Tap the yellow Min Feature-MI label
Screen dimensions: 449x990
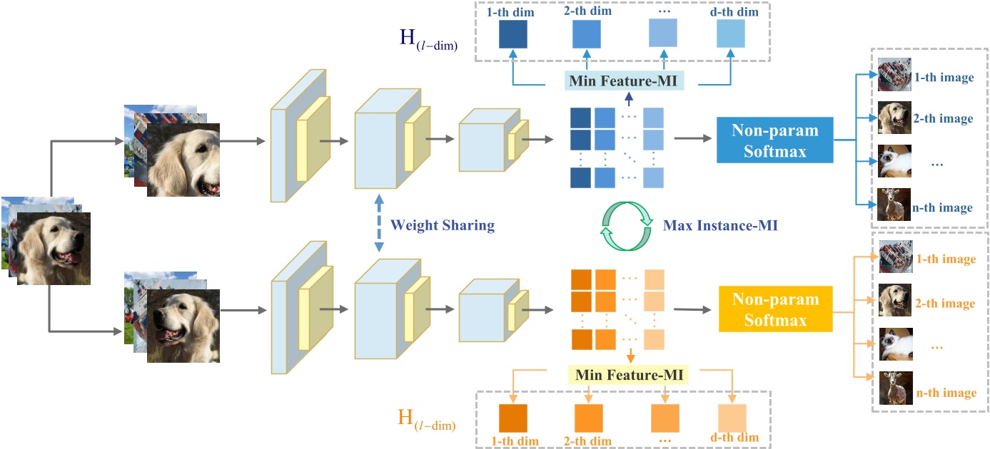[x=628, y=373]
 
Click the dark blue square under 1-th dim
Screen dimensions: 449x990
[x=512, y=33]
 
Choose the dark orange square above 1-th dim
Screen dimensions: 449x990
[x=512, y=418]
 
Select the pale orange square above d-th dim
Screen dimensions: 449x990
[x=732, y=418]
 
